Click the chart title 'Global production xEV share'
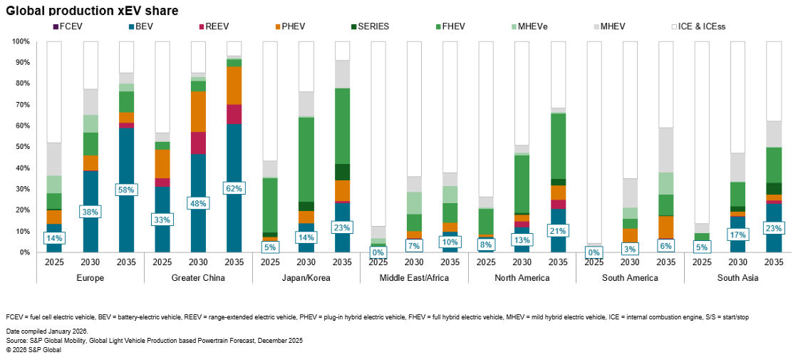(x=92, y=10)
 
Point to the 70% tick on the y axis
(x=21, y=105)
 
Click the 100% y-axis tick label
(x=19, y=41)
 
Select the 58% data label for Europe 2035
(x=126, y=189)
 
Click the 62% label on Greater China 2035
(x=234, y=189)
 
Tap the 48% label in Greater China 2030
(x=198, y=202)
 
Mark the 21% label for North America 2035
(x=558, y=230)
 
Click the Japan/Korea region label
(x=306, y=278)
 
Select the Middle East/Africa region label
(x=414, y=278)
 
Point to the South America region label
(x=630, y=278)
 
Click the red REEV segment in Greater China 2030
(x=198, y=143)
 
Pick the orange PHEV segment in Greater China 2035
(x=234, y=86)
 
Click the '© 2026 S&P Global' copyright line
(x=34, y=350)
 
